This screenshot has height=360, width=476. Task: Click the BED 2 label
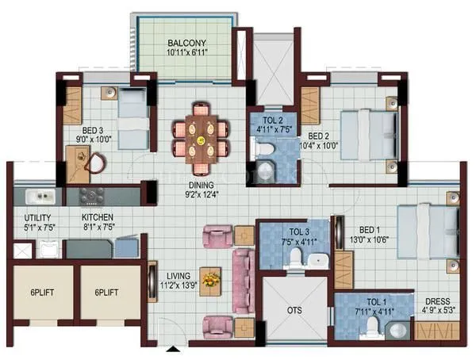(320, 134)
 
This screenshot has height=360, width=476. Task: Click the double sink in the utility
(37, 195)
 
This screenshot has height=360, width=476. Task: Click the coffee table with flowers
(210, 280)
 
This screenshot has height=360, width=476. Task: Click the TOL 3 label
(297, 232)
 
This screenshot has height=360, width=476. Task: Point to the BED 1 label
(367, 228)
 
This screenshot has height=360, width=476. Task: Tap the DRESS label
(438, 301)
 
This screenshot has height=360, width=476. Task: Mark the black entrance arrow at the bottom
(174, 348)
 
